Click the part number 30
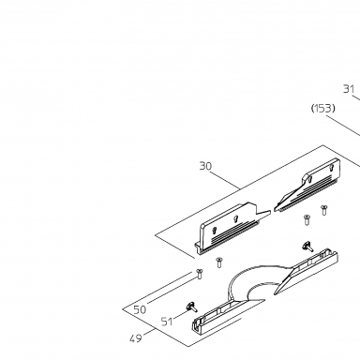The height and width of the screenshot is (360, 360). (205, 166)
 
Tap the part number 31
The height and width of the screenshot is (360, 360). (349, 89)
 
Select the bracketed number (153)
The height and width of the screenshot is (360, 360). (323, 109)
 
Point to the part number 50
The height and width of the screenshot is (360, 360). (140, 309)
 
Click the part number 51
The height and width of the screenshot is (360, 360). (167, 322)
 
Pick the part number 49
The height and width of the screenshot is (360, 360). (135, 338)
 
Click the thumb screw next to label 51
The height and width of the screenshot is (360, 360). (191, 307)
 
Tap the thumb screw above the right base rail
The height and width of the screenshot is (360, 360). (307, 247)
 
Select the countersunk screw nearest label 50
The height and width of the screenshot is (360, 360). (199, 274)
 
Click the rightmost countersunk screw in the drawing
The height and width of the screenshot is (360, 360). (324, 210)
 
